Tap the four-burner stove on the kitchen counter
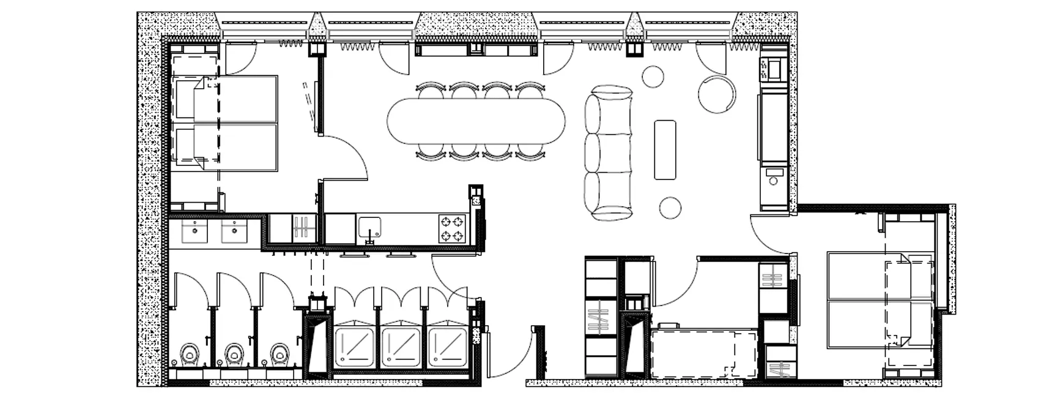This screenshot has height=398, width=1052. (x=452, y=228)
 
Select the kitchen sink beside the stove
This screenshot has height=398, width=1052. (x=370, y=227)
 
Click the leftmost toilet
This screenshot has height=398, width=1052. (x=189, y=354)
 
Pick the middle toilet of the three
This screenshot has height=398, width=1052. (x=233, y=354)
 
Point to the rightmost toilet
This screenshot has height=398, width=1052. (x=278, y=354)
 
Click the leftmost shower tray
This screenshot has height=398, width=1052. (x=354, y=347)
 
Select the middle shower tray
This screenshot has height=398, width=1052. (x=401, y=347)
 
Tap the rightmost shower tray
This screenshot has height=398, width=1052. (x=447, y=347)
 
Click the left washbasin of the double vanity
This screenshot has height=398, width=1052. (x=195, y=231)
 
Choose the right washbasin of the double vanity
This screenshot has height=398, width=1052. (x=234, y=231)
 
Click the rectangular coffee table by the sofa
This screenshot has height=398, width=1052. (x=665, y=150)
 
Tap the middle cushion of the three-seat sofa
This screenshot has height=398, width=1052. (x=607, y=151)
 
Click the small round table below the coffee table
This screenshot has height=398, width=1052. (x=670, y=208)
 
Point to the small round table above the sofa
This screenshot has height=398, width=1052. (x=653, y=77)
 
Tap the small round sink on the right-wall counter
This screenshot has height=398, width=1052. (x=772, y=181)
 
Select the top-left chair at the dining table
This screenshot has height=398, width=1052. (x=431, y=91)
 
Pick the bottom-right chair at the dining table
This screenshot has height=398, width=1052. (x=530, y=151)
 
